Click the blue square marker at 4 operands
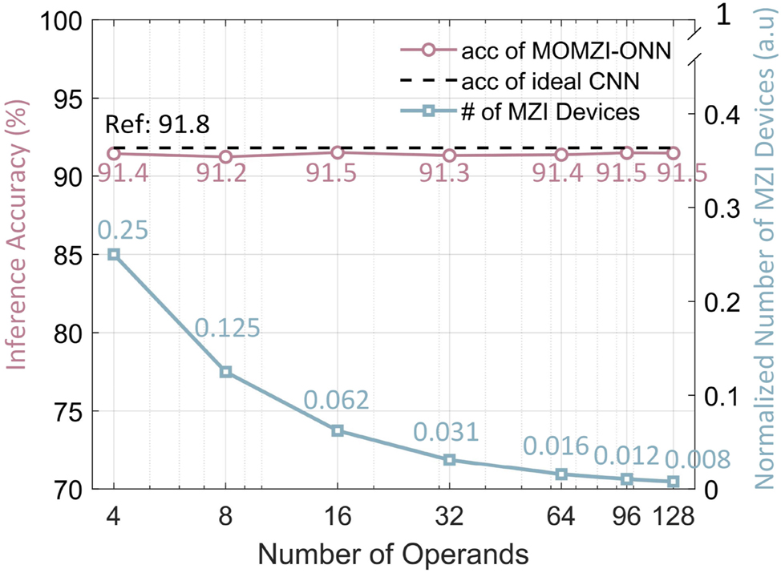(x=114, y=254)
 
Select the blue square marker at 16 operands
(x=338, y=430)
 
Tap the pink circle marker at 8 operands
(x=226, y=157)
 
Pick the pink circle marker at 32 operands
(x=450, y=155)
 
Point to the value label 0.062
(x=336, y=398)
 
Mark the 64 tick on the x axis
(x=561, y=517)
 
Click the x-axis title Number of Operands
(x=394, y=553)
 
